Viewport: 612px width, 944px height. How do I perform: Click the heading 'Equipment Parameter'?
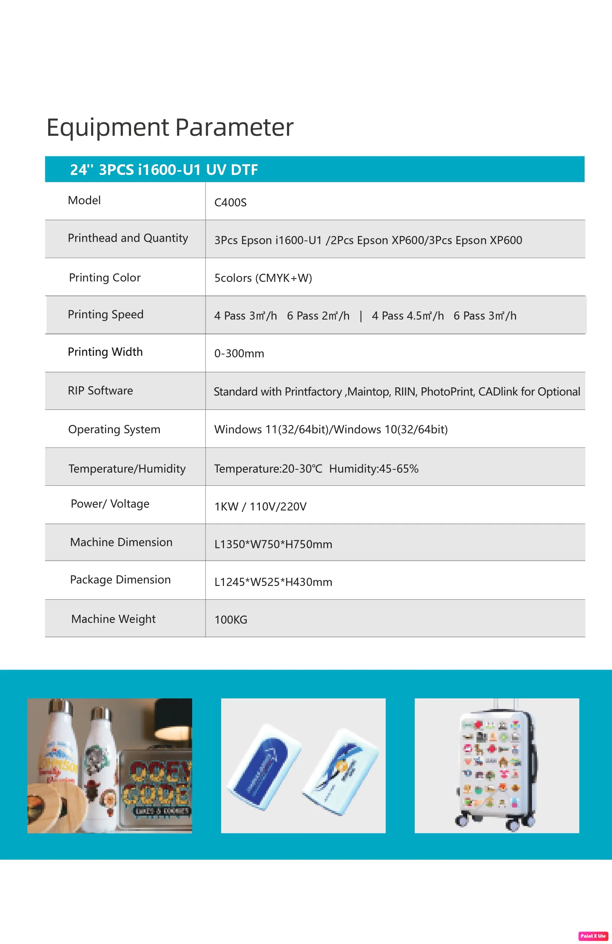(170, 127)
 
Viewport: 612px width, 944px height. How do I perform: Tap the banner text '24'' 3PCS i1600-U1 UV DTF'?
(164, 170)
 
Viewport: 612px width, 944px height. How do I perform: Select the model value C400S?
(230, 202)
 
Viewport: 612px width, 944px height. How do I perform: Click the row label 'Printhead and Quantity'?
(128, 238)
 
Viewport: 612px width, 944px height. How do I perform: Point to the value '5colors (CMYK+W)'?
(263, 278)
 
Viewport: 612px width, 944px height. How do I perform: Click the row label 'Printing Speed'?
(106, 314)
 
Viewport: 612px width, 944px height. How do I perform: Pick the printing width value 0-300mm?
(239, 353)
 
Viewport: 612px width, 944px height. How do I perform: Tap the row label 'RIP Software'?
(100, 391)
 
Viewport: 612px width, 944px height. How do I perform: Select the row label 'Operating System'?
(114, 429)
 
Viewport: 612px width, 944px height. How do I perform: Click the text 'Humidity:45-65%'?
(374, 469)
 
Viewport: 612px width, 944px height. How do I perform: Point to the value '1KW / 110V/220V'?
(260, 506)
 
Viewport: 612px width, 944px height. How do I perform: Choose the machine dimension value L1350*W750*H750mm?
(273, 544)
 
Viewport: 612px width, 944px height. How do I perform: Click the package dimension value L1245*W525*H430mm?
(273, 582)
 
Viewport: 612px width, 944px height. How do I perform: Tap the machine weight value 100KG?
(231, 620)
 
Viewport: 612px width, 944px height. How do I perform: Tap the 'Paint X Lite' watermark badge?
(593, 935)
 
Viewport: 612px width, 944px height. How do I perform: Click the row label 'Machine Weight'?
(114, 619)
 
